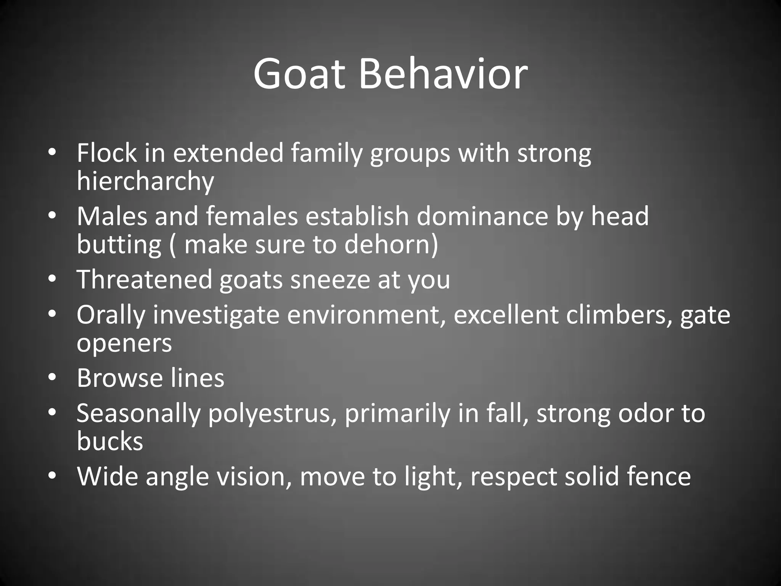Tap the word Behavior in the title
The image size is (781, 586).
443,73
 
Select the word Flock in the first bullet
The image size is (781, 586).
106,153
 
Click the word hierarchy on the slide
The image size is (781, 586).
145,181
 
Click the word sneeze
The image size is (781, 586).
330,279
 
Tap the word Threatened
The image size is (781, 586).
144,279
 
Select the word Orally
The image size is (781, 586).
111,315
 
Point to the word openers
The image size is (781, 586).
124,343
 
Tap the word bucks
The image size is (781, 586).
110,441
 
